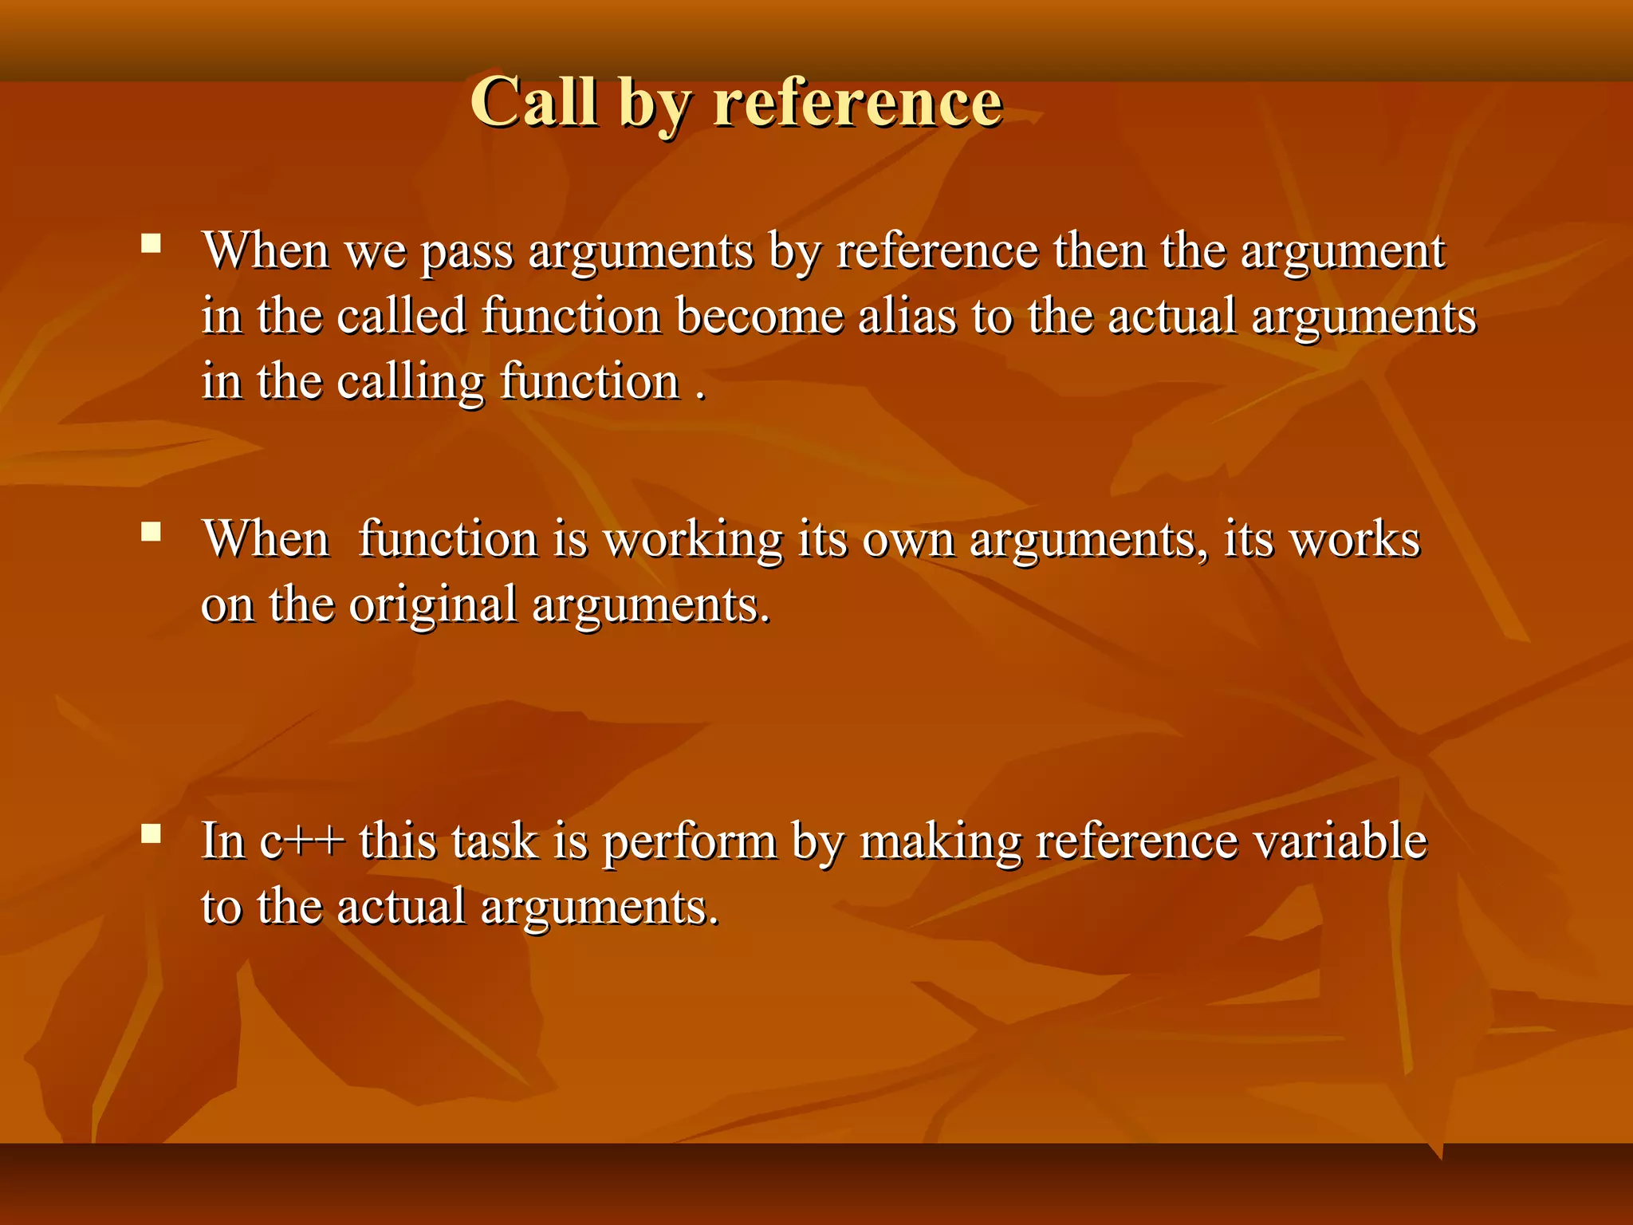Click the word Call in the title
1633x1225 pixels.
(x=533, y=101)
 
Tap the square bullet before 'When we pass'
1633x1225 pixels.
(x=151, y=243)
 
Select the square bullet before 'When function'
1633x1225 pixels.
(x=151, y=531)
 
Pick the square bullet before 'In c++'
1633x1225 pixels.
(x=151, y=834)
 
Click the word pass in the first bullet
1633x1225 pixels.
(x=466, y=252)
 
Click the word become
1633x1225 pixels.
(x=760, y=317)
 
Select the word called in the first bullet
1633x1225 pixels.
(x=401, y=317)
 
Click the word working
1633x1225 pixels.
(x=693, y=541)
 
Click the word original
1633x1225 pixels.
(x=433, y=605)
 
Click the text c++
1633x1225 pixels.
(x=302, y=842)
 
